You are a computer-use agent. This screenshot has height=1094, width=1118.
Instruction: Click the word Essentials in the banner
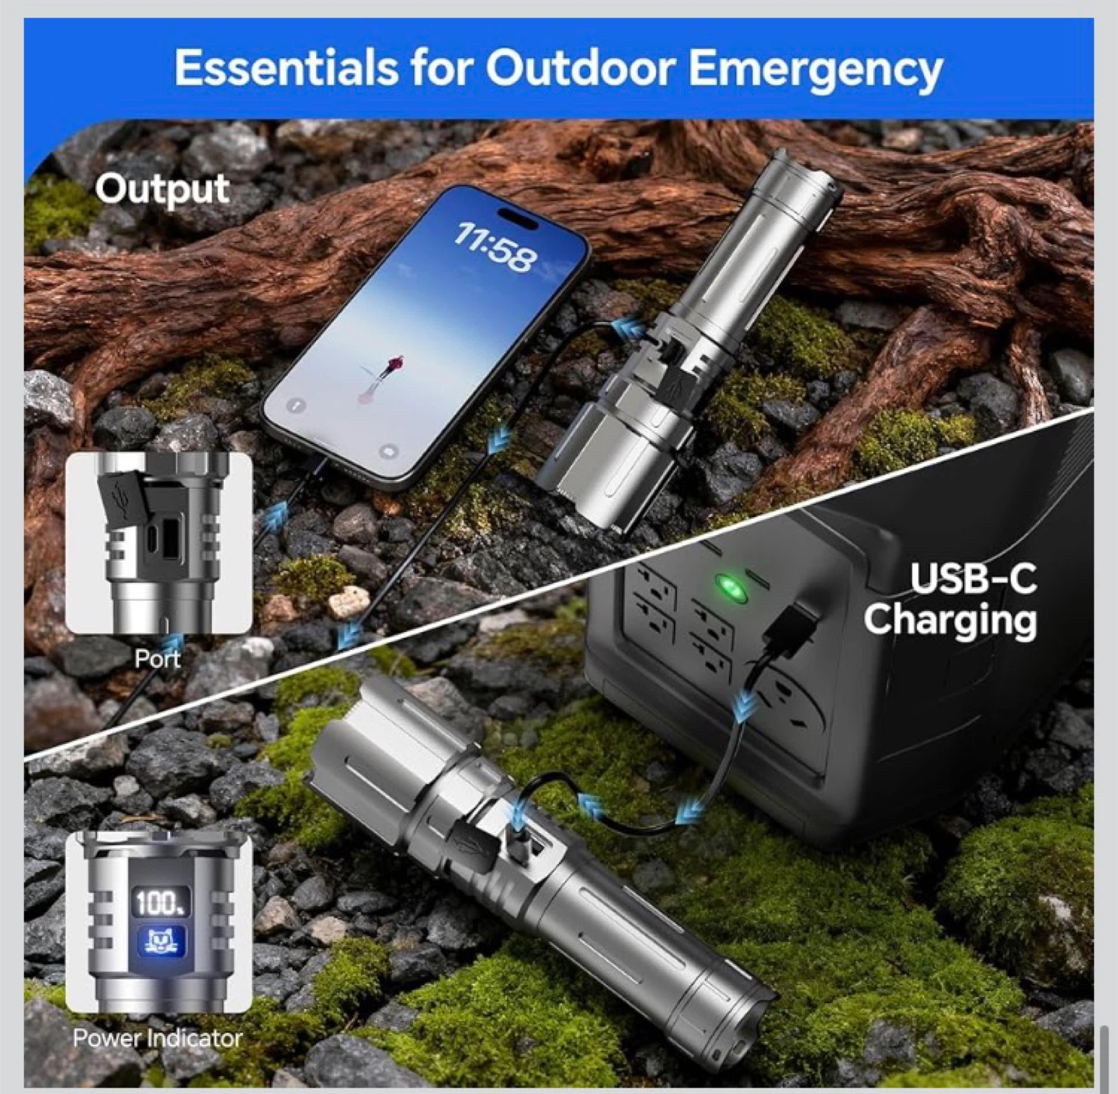pos(285,68)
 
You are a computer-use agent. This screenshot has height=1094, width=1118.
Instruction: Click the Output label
pos(162,189)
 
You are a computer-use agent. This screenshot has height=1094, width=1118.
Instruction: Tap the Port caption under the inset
pos(157,658)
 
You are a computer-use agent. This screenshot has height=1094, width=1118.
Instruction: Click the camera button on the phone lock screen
pos(390,452)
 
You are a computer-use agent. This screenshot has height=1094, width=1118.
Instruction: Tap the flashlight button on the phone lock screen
pos(296,405)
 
